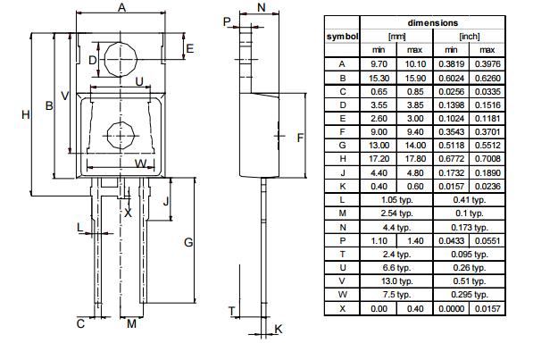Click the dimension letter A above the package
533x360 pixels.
[x=121, y=8]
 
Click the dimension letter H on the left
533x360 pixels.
[x=25, y=113]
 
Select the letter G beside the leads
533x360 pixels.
[x=188, y=242]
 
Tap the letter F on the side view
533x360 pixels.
[x=301, y=138]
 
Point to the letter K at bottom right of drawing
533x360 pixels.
[x=279, y=330]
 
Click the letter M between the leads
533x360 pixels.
[x=131, y=323]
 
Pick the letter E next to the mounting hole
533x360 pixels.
[x=189, y=47]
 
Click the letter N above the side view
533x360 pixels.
[x=260, y=8]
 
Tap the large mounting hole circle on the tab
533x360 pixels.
[x=121, y=60]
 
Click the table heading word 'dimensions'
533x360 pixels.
[x=432, y=22]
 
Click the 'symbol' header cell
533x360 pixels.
[x=341, y=36]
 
